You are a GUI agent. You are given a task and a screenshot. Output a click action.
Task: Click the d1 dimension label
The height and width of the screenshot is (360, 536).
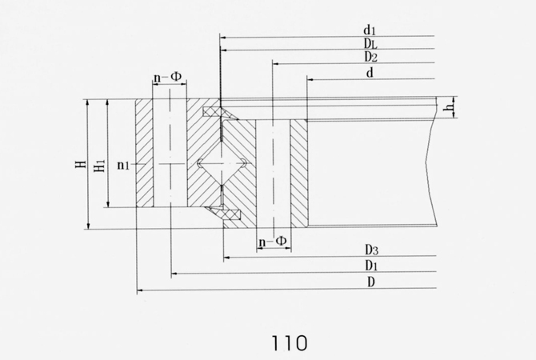369,30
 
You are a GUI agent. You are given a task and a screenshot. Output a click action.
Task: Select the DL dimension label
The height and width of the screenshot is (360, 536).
370,43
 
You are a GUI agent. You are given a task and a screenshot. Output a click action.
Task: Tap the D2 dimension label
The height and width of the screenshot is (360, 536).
370,57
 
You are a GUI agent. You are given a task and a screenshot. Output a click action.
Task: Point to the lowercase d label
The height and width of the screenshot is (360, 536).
370,73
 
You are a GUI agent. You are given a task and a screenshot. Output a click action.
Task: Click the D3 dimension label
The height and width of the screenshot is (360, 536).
371,250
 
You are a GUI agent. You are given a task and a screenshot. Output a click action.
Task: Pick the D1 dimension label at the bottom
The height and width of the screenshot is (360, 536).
371,266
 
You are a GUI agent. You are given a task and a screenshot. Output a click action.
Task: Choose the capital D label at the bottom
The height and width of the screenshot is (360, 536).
371,282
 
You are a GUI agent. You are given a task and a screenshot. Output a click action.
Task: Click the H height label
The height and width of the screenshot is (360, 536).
81,164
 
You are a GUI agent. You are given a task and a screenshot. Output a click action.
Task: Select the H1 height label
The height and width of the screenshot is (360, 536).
99,166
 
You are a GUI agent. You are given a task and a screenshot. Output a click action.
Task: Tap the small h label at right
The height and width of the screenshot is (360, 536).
449,107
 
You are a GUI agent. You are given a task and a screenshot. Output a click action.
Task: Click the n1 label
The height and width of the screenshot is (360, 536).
123,166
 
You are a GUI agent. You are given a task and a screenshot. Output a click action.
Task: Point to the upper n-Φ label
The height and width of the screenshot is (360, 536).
167,78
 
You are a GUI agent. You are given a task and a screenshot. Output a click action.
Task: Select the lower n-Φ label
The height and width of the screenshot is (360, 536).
273,242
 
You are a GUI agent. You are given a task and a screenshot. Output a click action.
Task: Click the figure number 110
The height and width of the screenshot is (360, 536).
290,343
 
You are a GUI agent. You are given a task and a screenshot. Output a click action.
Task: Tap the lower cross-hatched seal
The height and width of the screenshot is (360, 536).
224,214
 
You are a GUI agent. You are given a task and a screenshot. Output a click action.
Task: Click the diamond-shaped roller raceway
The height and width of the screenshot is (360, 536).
221,164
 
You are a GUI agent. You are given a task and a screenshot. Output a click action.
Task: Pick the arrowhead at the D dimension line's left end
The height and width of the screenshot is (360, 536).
139,290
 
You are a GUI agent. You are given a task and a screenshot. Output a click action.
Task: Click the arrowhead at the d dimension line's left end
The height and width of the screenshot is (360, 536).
310,79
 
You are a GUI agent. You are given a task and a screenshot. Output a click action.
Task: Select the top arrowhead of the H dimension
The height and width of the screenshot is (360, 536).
88,102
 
